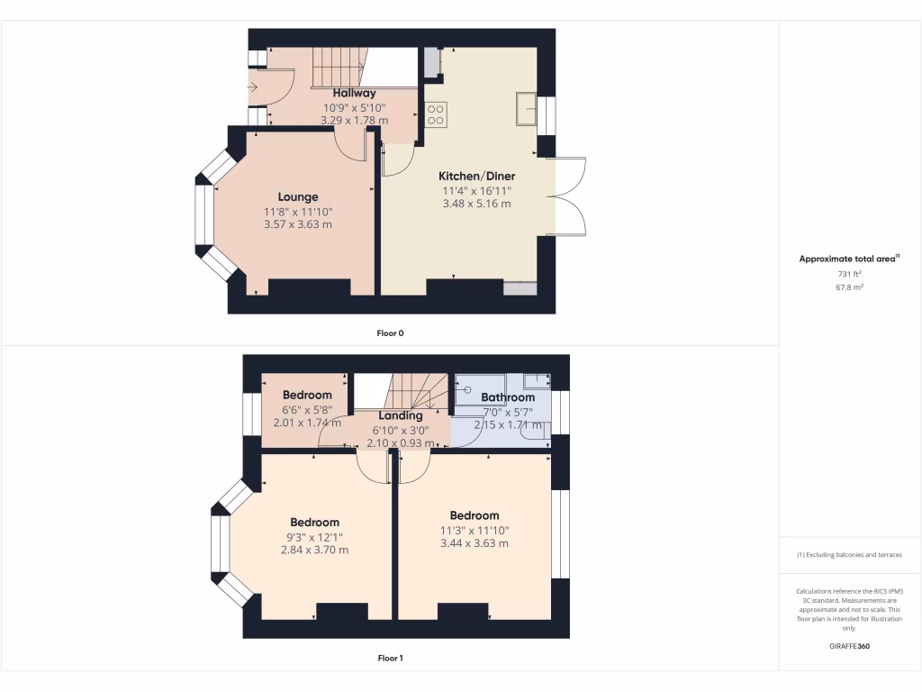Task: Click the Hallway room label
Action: tap(354, 93)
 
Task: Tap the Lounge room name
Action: tap(297, 196)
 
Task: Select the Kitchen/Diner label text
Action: tap(476, 176)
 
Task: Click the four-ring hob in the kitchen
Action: tap(436, 114)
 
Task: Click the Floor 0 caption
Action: tap(390, 333)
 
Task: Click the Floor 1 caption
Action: tap(390, 658)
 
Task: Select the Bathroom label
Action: tap(508, 397)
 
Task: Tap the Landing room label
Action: tap(401, 415)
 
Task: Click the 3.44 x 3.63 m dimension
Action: tap(475, 543)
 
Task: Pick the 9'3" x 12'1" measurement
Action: tap(315, 536)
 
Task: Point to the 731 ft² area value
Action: tap(850, 273)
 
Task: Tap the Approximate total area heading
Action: tap(849, 259)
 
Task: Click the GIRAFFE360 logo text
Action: tap(850, 646)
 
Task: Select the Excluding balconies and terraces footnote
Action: tap(849, 555)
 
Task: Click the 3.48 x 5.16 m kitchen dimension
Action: tap(476, 204)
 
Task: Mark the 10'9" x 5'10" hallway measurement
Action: tap(354, 107)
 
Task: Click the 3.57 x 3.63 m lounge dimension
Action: tap(297, 224)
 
